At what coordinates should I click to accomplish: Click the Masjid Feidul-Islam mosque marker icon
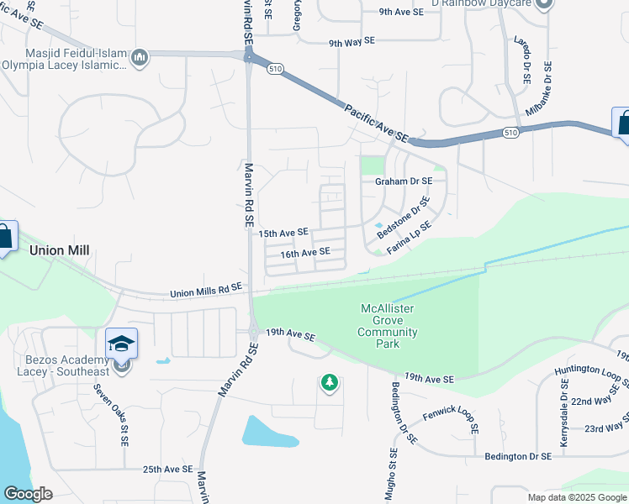point(140,57)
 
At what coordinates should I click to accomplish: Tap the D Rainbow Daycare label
point(484,3)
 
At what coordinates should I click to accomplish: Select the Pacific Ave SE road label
point(376,123)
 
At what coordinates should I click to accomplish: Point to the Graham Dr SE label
point(404,181)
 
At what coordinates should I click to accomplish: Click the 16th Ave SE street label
point(305,253)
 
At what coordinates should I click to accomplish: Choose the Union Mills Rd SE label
point(206,290)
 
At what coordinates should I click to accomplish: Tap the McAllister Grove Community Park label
point(388,326)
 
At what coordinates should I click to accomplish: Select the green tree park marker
point(330,383)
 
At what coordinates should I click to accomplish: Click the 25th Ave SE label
point(168,470)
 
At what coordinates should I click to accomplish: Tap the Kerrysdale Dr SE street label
point(563,412)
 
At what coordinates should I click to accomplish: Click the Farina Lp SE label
point(409,238)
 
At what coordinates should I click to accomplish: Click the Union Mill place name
point(60,250)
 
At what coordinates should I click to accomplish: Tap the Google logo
point(29,493)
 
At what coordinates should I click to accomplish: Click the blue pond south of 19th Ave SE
point(267,431)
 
